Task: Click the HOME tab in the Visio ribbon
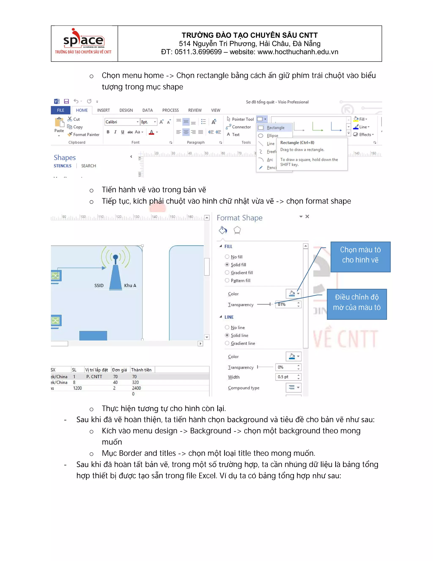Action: pyautogui.click(x=82, y=110)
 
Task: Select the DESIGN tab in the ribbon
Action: pyautogui.click(x=126, y=110)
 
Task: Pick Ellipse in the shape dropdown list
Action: pyautogui.click(x=272, y=136)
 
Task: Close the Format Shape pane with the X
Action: pyautogui.click(x=307, y=217)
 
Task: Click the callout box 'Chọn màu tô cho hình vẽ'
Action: pyautogui.click(x=360, y=257)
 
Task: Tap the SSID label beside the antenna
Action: pyautogui.click(x=99, y=285)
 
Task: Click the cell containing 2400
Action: pyautogui.click(x=136, y=388)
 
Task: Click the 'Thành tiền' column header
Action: pyautogui.click(x=141, y=370)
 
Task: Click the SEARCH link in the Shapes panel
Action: pyautogui.click(x=89, y=166)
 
